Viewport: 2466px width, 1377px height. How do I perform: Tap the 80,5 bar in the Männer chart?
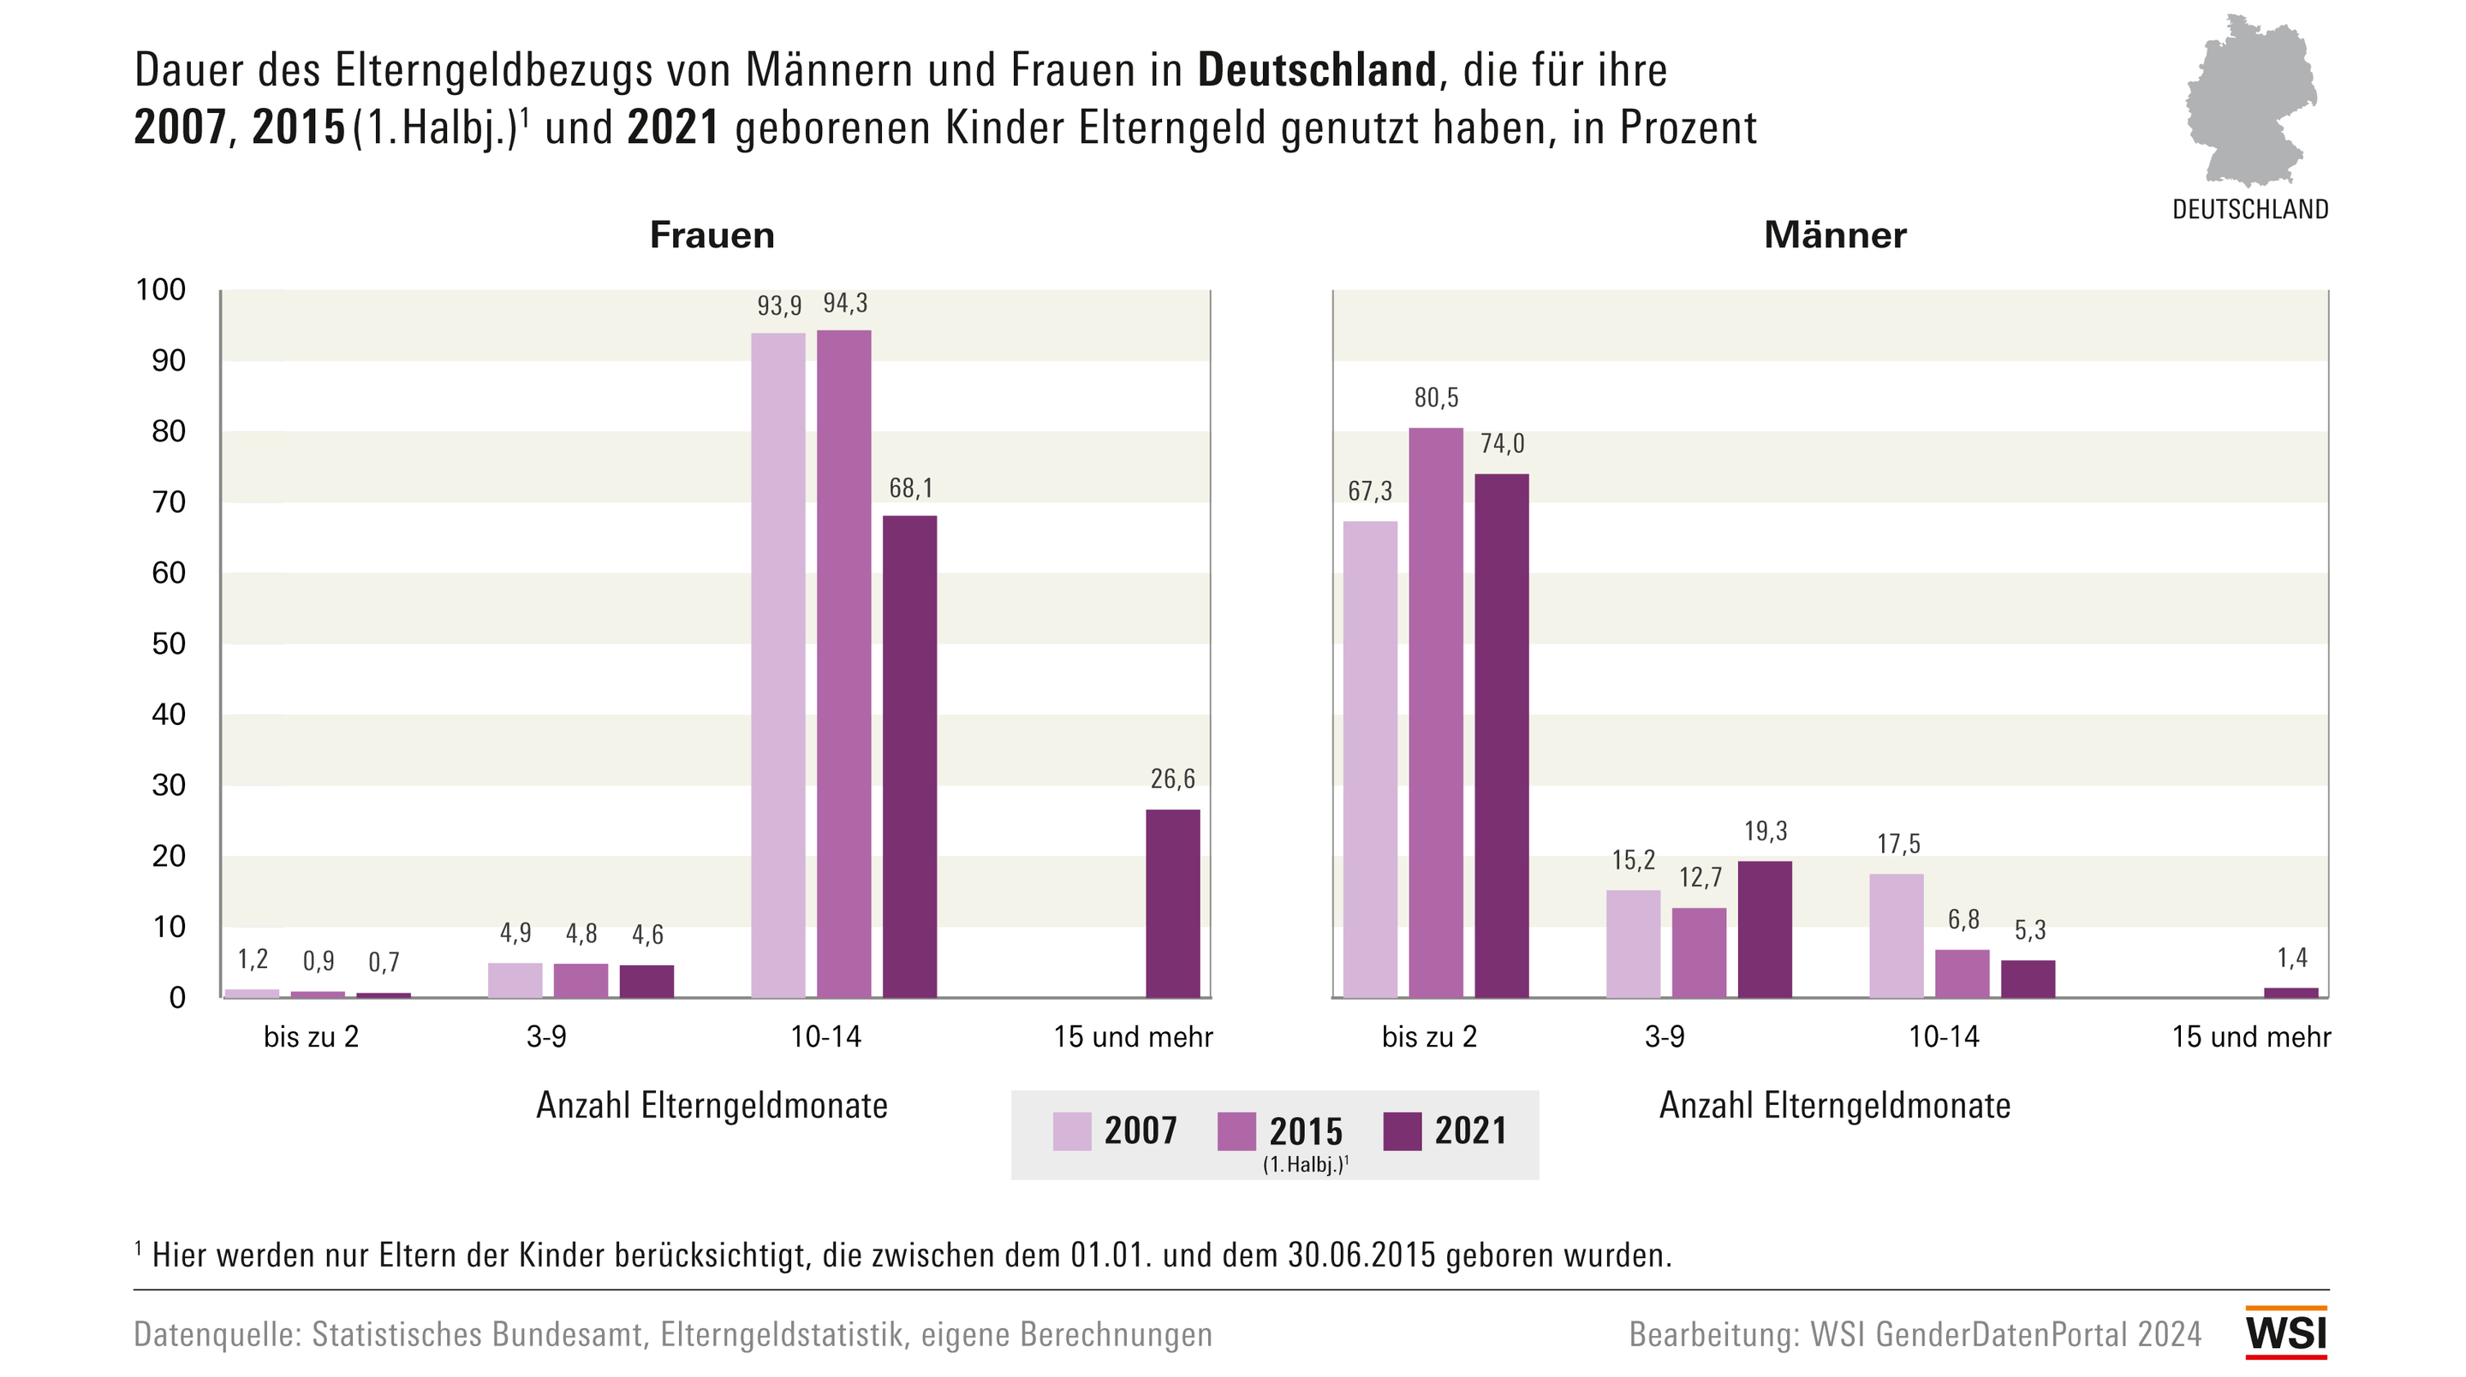(1435, 712)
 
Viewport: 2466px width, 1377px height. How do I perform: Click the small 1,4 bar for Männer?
(2290, 993)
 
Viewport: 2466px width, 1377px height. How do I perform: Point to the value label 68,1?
(910, 489)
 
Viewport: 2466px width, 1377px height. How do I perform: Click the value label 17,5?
(1898, 844)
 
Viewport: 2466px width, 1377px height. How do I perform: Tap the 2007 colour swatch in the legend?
(1071, 1131)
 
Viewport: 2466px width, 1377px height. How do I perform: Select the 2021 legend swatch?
(1403, 1131)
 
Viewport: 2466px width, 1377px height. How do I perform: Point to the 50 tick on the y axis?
(169, 644)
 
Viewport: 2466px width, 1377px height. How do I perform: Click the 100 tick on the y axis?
(161, 290)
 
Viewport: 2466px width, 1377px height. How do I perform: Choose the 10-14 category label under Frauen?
(825, 1037)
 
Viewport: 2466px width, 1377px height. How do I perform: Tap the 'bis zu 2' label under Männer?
(1428, 1037)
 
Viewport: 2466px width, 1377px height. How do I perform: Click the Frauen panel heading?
(712, 235)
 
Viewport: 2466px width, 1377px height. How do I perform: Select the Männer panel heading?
(1834, 235)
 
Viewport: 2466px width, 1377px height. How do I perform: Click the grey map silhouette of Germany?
(2249, 100)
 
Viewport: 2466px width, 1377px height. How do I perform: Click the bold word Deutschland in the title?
(1316, 71)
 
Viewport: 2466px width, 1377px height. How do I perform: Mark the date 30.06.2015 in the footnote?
(1361, 1255)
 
